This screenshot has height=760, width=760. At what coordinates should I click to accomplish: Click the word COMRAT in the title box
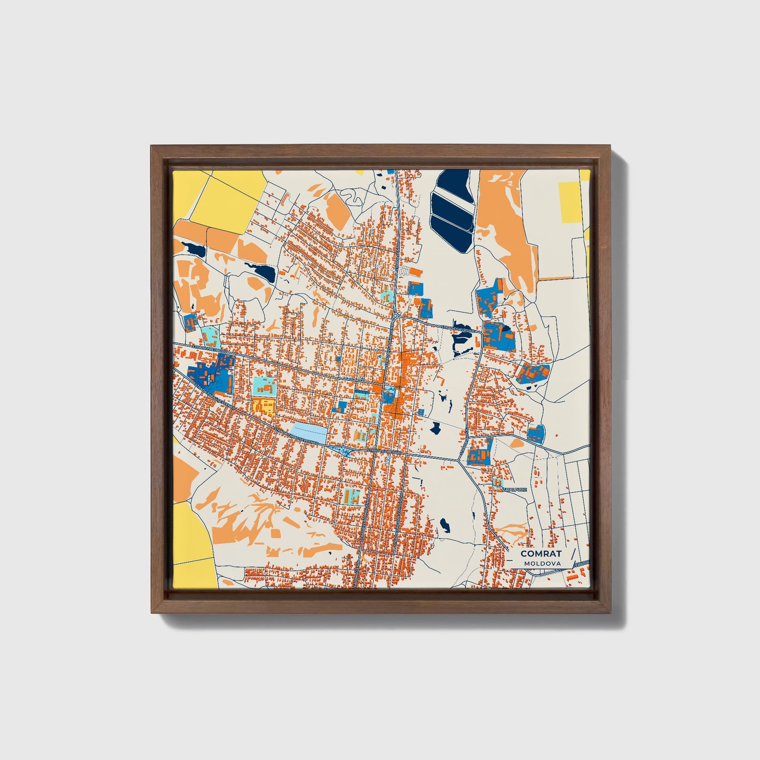pos(541,554)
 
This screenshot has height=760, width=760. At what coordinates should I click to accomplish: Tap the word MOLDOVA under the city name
pos(542,563)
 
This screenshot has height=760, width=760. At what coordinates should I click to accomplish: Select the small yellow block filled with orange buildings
pos(263,406)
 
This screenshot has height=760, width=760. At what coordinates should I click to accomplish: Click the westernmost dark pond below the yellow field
pos(193,249)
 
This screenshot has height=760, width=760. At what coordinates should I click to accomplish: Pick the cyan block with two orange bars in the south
pos(351,495)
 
